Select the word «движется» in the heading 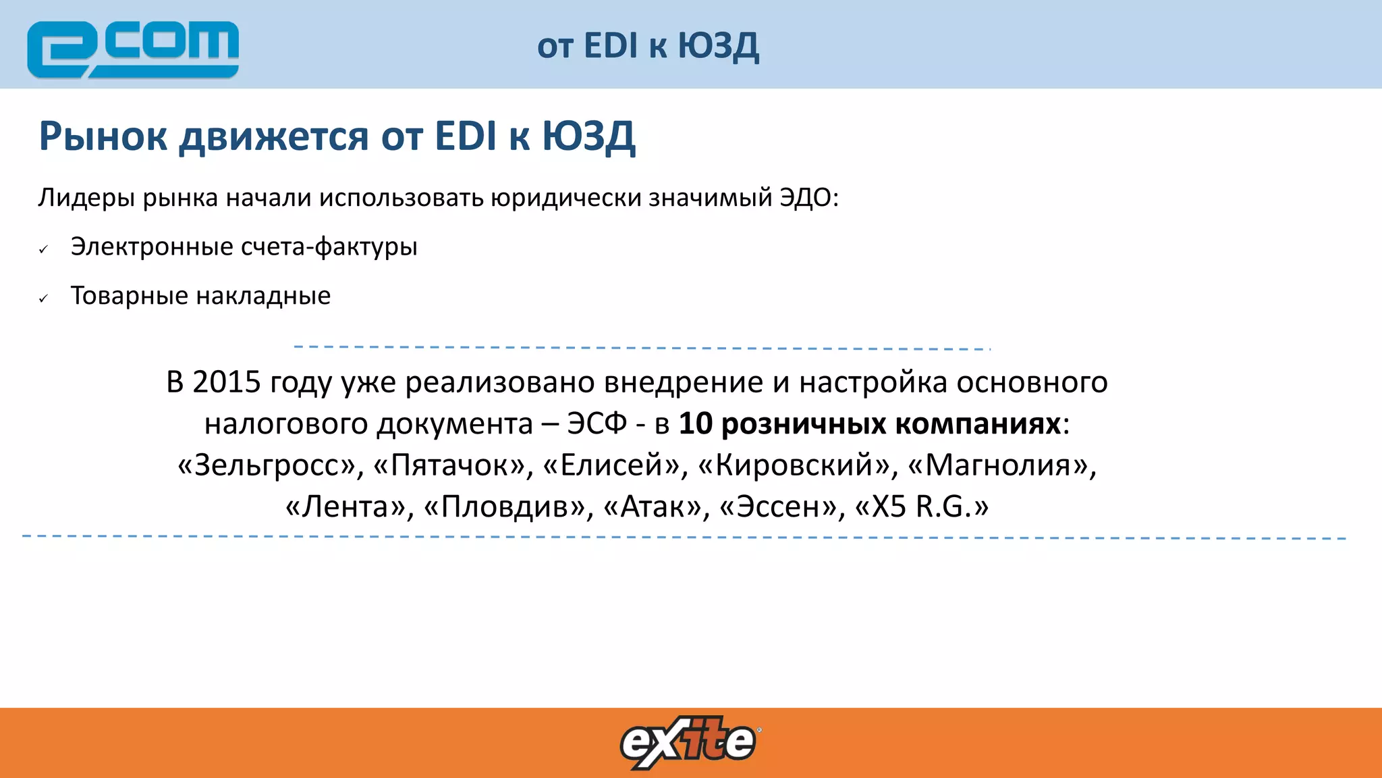(274, 136)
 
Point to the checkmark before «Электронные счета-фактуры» (44, 250)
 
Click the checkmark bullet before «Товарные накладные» (44, 299)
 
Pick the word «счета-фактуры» (329, 247)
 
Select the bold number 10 (695, 424)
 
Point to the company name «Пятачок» (449, 465)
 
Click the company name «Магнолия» (997, 465)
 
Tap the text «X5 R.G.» (922, 507)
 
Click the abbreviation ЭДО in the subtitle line (806, 198)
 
